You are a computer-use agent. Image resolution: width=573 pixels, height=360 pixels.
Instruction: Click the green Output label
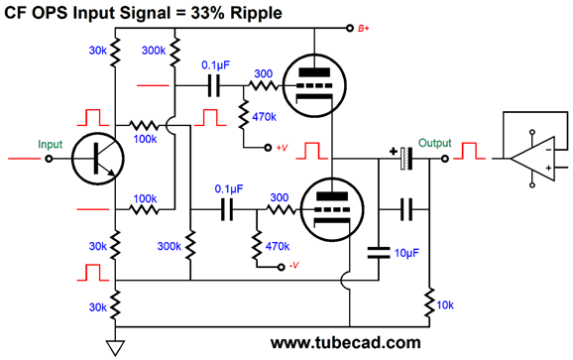click(434, 143)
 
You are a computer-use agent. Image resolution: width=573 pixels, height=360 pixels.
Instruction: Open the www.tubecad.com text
click(345, 343)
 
